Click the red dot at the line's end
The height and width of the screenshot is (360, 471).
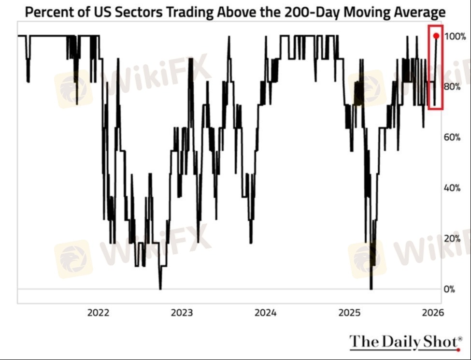(x=436, y=36)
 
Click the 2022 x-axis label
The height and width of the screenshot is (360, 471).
(x=99, y=313)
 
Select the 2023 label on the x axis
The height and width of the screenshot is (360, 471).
(x=182, y=313)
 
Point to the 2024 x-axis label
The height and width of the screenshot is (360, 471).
(x=266, y=313)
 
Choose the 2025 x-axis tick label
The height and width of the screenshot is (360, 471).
(x=349, y=313)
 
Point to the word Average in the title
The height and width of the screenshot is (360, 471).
(x=418, y=12)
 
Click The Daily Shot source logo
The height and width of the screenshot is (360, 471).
(x=405, y=342)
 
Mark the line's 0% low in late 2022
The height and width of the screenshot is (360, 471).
(x=160, y=288)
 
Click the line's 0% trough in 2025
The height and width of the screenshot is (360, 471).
(x=371, y=288)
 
